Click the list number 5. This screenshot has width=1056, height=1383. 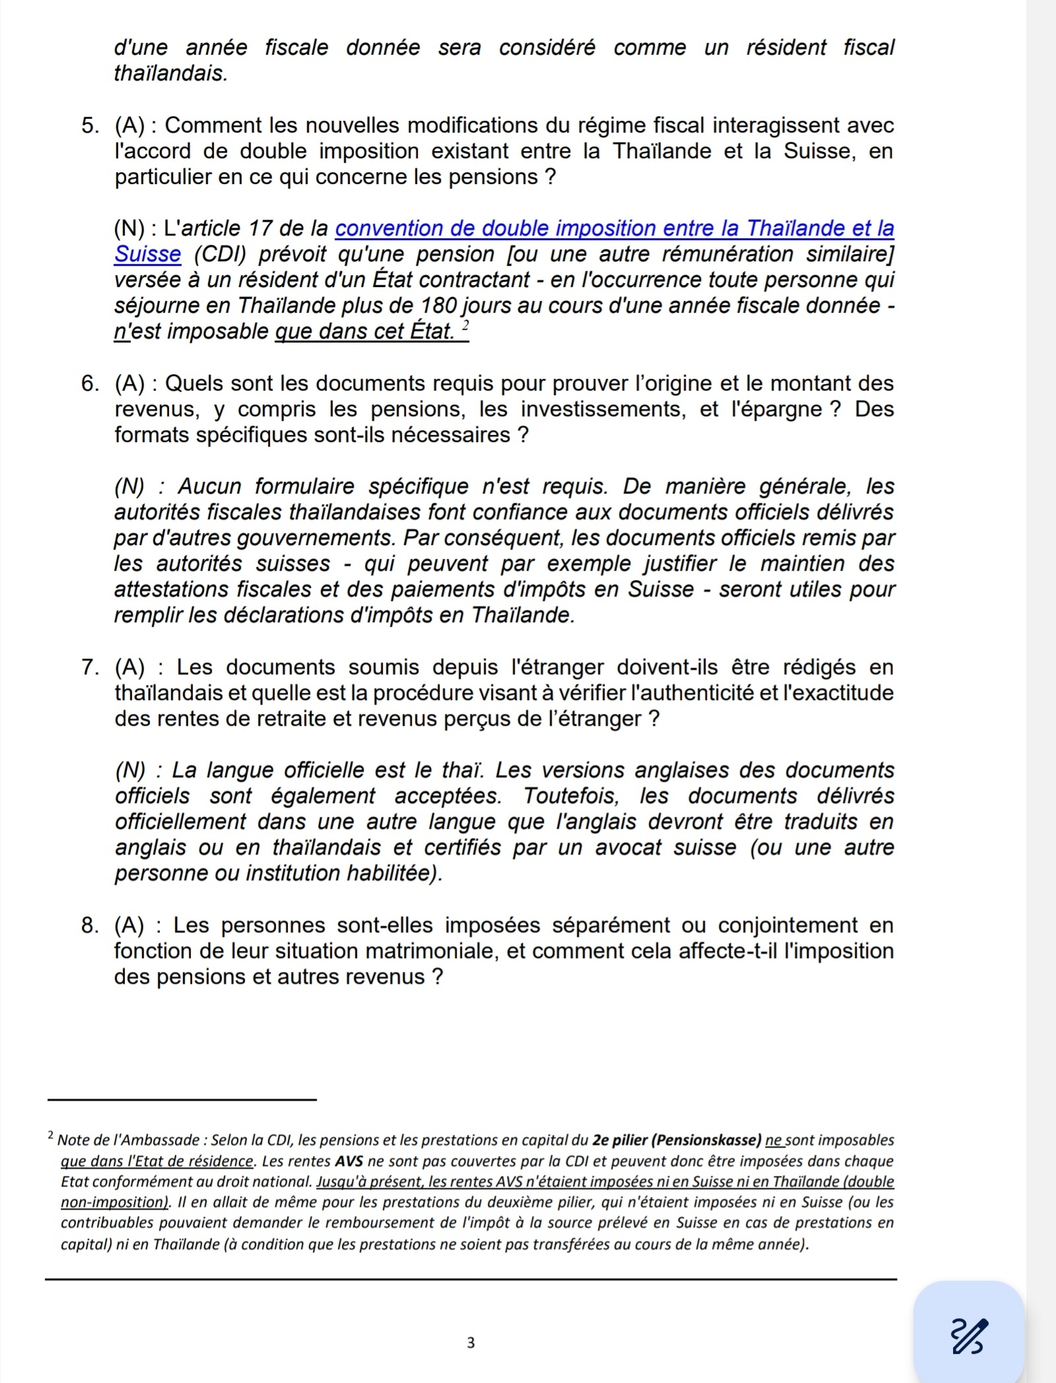pos(90,125)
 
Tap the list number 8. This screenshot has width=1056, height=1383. pos(90,926)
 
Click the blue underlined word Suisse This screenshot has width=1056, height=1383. pos(147,254)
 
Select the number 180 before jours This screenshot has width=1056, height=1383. pos(436,306)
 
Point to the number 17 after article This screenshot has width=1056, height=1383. pos(261,228)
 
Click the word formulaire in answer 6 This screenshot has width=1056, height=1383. pos(305,487)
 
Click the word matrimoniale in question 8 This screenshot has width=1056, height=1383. pos(436,951)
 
